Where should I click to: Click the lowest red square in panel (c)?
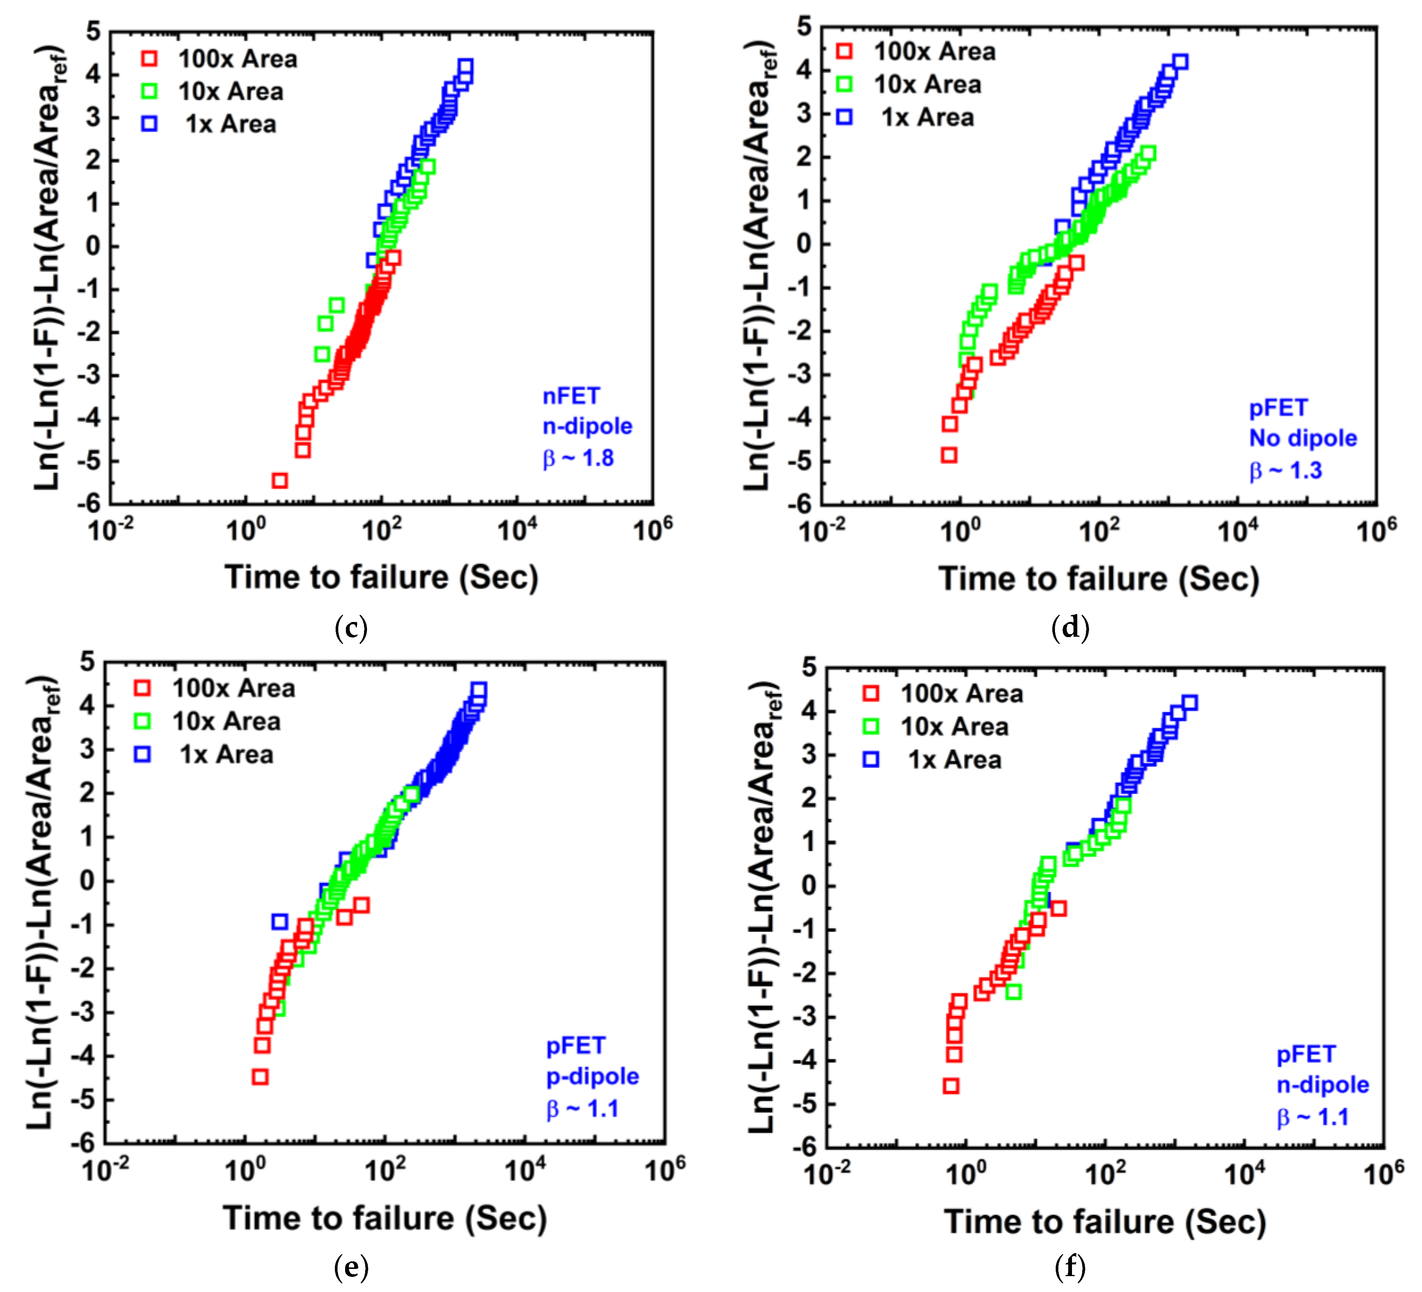tap(279, 481)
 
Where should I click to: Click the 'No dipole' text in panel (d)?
tap(1303, 438)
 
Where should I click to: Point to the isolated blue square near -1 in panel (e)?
tap(279, 921)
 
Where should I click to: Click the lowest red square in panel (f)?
tap(951, 1086)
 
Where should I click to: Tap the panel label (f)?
tap(1070, 1267)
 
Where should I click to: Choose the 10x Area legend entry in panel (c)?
tap(212, 92)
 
